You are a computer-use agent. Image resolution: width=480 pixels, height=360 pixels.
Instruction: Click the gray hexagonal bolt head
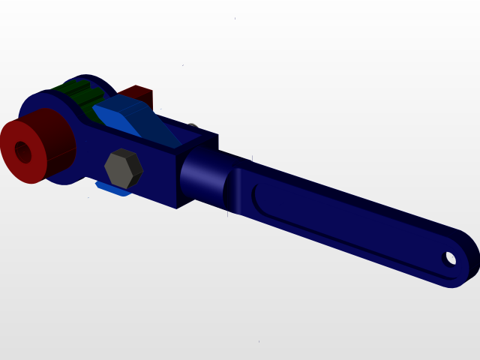point(123,169)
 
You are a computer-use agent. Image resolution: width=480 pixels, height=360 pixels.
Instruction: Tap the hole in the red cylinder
point(23,152)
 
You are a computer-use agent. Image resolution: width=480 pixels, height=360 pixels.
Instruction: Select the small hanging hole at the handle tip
point(450,259)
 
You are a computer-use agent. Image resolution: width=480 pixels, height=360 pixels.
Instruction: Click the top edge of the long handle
point(352,195)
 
